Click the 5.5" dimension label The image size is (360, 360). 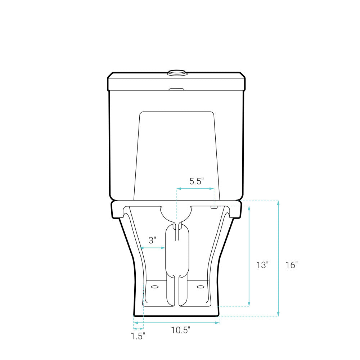[x=197, y=181]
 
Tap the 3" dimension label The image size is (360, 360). [x=152, y=240]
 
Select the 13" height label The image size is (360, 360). [x=262, y=265]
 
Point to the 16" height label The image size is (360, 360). [x=291, y=265]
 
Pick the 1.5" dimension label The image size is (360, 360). [x=138, y=336]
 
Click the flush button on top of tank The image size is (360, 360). [x=177, y=72]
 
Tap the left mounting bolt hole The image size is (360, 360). [x=155, y=287]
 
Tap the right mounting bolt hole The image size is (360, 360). [x=201, y=287]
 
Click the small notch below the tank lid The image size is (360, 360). [x=176, y=89]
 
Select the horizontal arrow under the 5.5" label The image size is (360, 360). [x=195, y=188]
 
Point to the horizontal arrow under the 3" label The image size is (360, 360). [x=152, y=248]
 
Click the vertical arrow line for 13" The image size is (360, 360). [x=249, y=256]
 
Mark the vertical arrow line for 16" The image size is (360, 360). [x=278, y=258]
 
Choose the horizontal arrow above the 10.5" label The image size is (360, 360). [x=176, y=323]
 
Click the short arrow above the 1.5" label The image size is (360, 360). [x=138, y=328]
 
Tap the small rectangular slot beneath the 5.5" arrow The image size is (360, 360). [x=214, y=208]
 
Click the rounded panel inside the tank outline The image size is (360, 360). [x=176, y=155]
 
